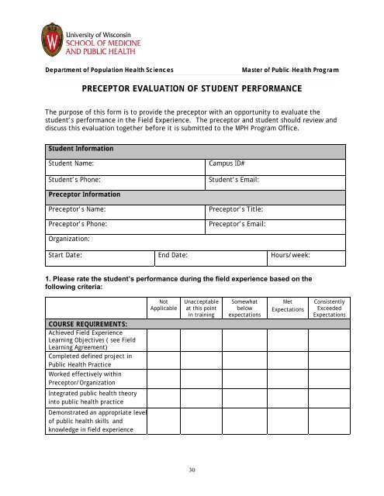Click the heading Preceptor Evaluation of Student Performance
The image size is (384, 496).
pyautogui.click(x=192, y=89)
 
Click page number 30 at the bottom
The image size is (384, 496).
pyautogui.click(x=192, y=470)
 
